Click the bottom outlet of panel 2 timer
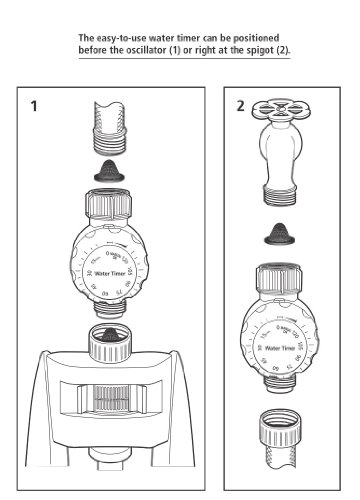285,386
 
